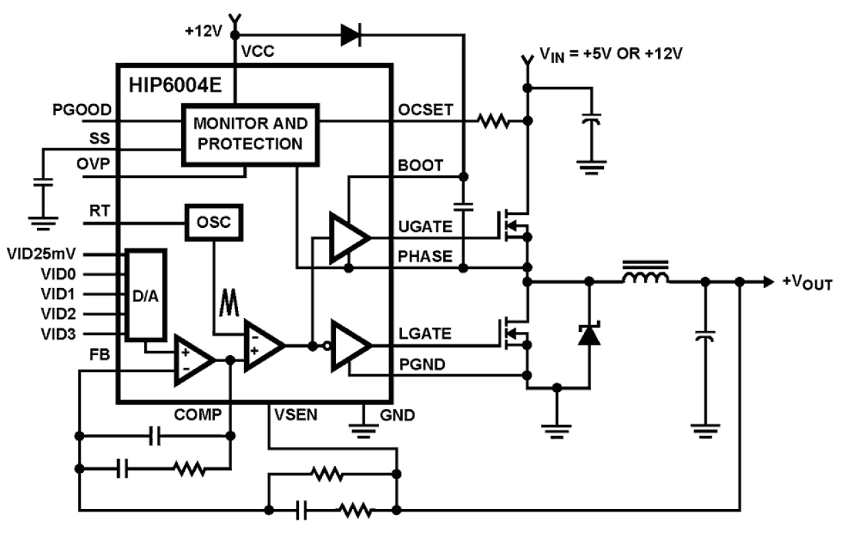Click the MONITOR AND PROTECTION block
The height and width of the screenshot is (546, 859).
coord(249,134)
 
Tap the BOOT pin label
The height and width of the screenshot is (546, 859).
coord(420,166)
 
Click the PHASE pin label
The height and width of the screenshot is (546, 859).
coord(424,256)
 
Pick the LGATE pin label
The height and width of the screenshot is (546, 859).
coord(424,334)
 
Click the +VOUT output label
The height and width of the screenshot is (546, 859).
coord(807,283)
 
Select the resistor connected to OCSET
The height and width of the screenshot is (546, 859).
coord(493,122)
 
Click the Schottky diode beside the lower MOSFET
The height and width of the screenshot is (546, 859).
coord(589,335)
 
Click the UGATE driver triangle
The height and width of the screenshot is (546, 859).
coord(347,237)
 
